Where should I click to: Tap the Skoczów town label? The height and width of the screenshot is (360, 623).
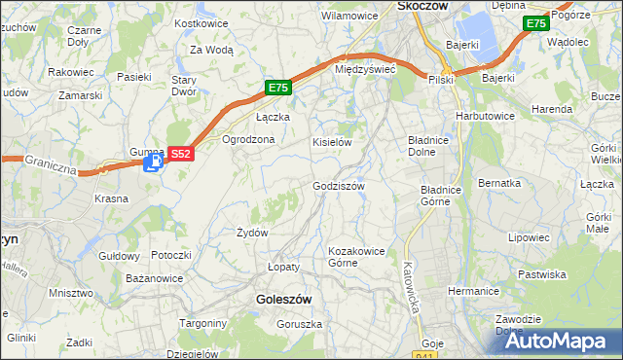tap(421, 6)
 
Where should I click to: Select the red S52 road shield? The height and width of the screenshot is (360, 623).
tap(181, 153)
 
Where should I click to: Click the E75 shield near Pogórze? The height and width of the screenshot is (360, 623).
tap(535, 23)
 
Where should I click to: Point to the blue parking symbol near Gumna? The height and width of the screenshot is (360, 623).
tap(151, 165)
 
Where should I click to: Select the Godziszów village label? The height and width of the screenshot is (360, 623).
tap(339, 186)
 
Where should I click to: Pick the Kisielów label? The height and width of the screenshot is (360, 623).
tap(331, 142)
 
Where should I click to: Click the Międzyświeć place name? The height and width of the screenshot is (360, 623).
tap(363, 70)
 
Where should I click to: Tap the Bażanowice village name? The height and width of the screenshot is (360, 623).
tap(155, 279)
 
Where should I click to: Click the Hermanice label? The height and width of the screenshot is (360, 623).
tap(473, 291)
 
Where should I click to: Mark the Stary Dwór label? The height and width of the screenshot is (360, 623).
tap(185, 86)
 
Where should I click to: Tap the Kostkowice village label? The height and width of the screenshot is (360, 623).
tap(200, 22)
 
